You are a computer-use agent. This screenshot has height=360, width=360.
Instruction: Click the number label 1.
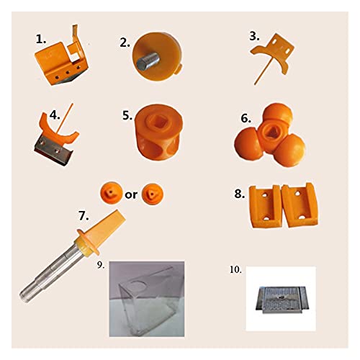(x=41, y=40)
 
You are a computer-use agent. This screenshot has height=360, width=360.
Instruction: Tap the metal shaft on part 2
(x=148, y=60)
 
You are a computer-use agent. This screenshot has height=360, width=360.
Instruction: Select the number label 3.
(x=254, y=37)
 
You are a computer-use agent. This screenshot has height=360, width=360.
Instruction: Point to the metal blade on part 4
(x=53, y=150)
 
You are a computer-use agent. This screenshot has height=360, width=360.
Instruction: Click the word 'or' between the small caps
(x=131, y=194)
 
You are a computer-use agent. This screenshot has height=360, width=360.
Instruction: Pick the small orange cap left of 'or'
(x=111, y=193)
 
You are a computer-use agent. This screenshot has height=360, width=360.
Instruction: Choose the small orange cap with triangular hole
(x=153, y=194)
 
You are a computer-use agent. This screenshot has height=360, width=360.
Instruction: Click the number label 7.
(x=84, y=216)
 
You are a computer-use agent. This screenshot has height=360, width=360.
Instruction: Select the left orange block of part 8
(x=265, y=206)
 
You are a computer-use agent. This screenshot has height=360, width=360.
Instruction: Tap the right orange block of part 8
(x=300, y=204)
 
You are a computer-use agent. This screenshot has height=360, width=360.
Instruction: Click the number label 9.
(x=101, y=265)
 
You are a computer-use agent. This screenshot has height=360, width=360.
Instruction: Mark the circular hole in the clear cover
(x=137, y=285)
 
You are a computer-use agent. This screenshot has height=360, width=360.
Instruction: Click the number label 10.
(x=235, y=270)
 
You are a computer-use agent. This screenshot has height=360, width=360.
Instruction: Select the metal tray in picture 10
(x=281, y=300)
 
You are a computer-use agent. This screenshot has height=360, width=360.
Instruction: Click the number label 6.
(x=246, y=119)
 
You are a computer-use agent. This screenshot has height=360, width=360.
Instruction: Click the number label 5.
(x=127, y=116)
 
